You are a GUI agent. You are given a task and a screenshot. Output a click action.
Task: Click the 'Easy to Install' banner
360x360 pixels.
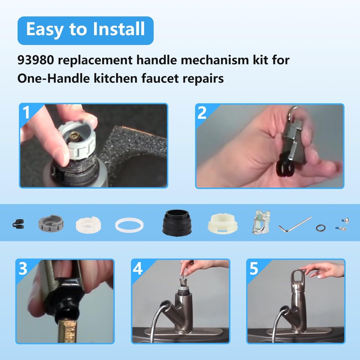[x=85, y=30]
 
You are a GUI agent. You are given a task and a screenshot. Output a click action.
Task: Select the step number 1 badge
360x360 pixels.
[x=27, y=112]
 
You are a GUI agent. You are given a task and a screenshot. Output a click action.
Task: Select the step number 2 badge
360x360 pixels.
[x=203, y=112]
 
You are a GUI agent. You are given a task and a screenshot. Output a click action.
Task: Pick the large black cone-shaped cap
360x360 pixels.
[x=177, y=222]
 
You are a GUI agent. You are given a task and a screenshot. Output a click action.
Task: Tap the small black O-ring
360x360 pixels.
[x=320, y=228]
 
